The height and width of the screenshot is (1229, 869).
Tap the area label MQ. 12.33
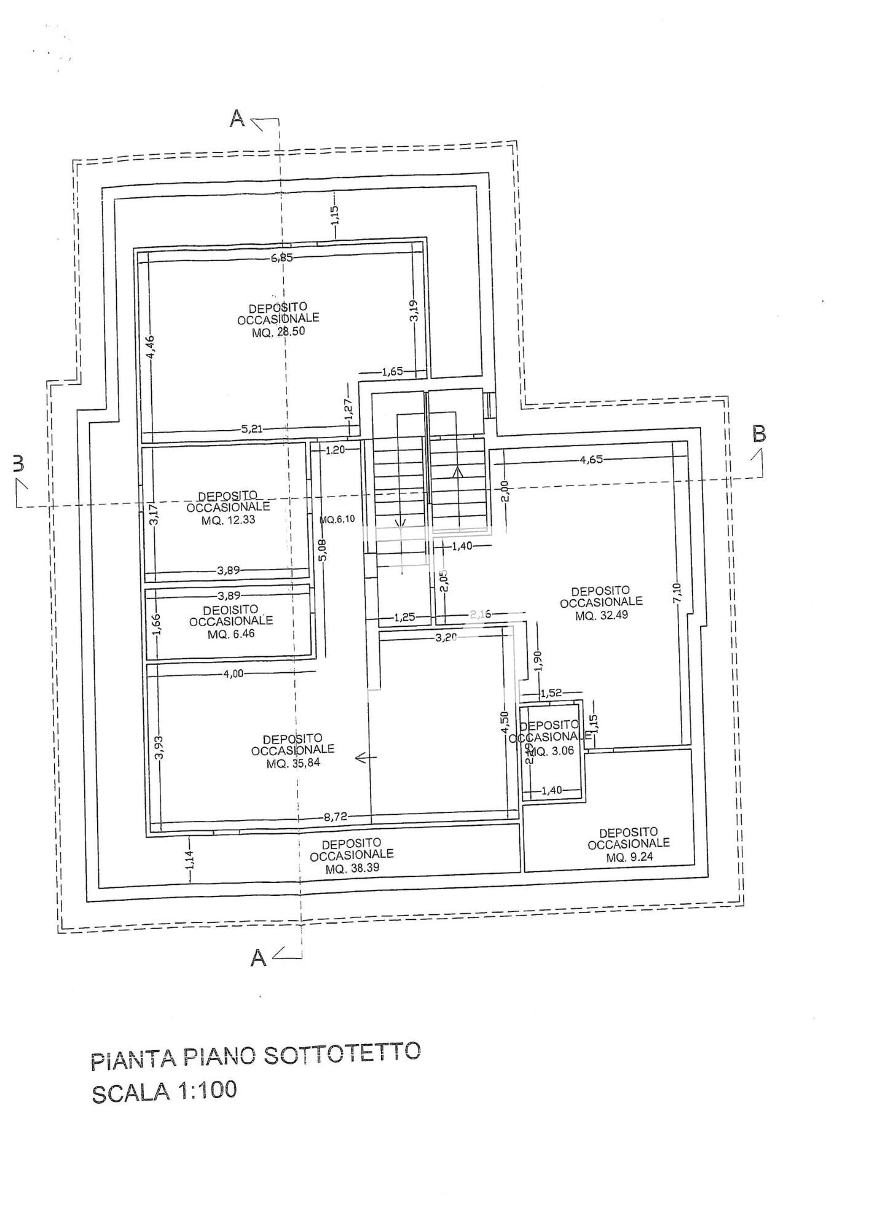pos(228,520)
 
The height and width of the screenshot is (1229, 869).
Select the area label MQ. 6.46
pos(231,634)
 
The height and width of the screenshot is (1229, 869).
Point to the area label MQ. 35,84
pos(293,764)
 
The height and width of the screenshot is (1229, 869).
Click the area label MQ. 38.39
pos(352,870)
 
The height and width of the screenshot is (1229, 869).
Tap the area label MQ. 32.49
pos(602,614)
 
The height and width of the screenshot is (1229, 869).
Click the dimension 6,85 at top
pos(281,258)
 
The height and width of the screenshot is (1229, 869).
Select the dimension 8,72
pos(336,817)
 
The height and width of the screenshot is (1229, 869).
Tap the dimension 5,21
pos(252,429)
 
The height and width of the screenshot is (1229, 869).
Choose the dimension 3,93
pos(158,747)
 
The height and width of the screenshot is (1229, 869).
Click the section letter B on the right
pos(759,434)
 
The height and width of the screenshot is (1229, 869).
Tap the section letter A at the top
pos(237,119)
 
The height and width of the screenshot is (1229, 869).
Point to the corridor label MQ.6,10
pos(337,519)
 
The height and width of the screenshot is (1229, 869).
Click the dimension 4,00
pos(233,673)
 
